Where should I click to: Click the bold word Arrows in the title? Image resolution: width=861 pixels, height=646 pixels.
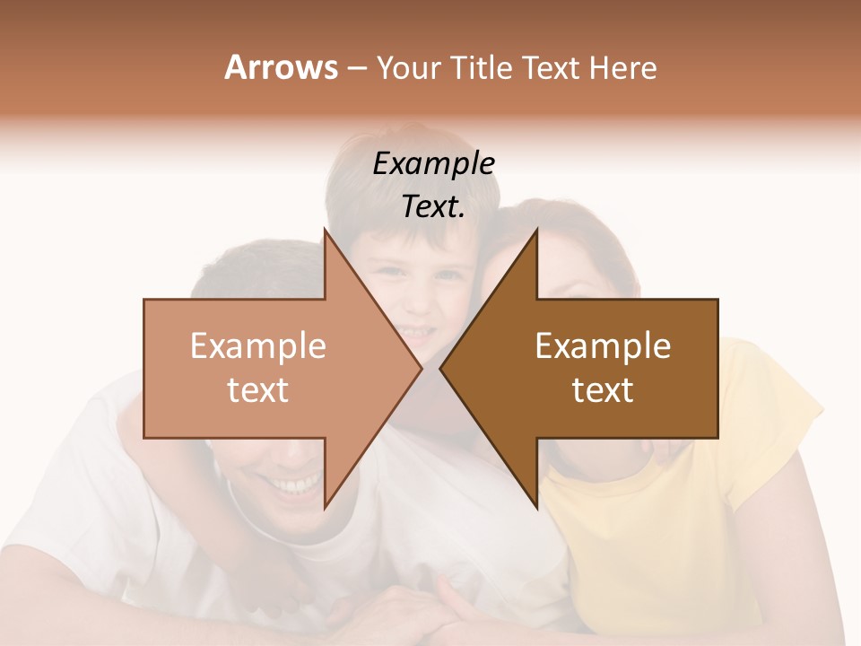click(x=281, y=67)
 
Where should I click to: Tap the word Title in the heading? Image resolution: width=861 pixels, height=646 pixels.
click(x=481, y=67)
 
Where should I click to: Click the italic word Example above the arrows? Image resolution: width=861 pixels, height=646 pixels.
click(x=434, y=163)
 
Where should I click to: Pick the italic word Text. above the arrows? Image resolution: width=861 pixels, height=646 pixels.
click(x=434, y=207)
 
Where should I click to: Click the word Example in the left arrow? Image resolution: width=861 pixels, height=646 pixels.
click(x=258, y=346)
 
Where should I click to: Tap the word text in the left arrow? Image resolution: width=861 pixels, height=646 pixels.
click(x=258, y=390)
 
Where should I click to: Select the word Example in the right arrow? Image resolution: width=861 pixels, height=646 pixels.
click(x=603, y=346)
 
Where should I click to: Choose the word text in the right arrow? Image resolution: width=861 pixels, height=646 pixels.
click(x=603, y=390)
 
